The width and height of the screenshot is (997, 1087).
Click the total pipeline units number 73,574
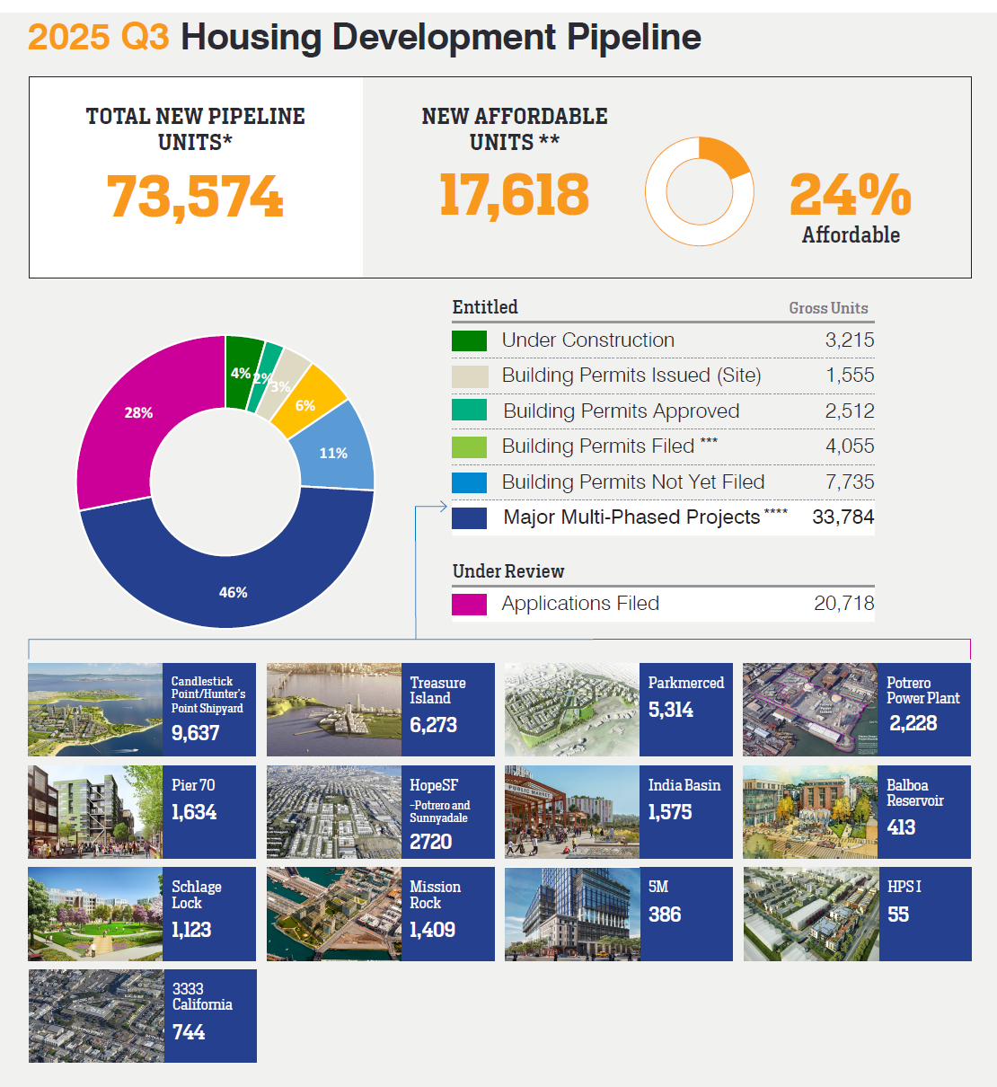(x=195, y=197)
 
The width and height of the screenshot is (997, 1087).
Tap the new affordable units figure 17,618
(x=514, y=195)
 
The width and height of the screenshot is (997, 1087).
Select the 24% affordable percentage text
(x=850, y=195)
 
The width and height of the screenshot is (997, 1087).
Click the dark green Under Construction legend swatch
(x=469, y=340)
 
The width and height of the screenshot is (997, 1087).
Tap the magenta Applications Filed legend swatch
(x=469, y=605)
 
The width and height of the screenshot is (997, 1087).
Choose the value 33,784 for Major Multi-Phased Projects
(x=843, y=517)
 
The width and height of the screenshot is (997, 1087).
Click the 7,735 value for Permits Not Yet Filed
(x=849, y=482)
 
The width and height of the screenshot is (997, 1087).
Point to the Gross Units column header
(x=828, y=308)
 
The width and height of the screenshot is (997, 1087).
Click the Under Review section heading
(x=508, y=571)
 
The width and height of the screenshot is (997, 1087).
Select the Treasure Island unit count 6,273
(x=433, y=725)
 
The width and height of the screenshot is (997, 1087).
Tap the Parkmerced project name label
(x=685, y=683)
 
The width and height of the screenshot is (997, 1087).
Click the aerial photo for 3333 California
(x=96, y=1016)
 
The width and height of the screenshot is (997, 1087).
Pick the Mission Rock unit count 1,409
(x=432, y=930)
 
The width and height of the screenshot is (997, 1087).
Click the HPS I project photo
(x=811, y=914)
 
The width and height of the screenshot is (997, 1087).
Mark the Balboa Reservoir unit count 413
(x=901, y=827)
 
